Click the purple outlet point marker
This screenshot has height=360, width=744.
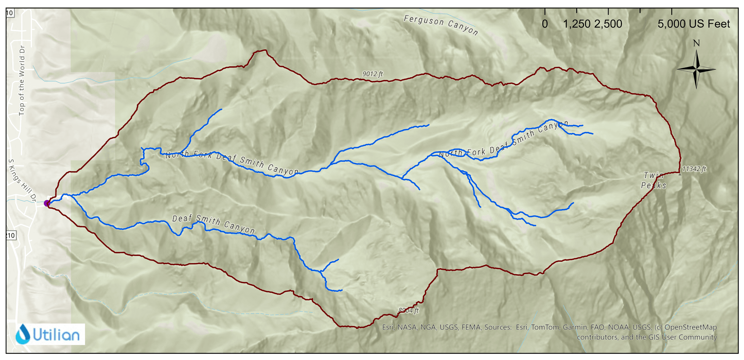(47, 203)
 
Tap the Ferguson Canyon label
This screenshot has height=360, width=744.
(441, 25)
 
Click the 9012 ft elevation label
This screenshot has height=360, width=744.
(372, 74)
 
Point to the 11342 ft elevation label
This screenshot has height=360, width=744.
(694, 169)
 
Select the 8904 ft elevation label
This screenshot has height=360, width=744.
(408, 310)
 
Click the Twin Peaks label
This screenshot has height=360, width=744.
(654, 180)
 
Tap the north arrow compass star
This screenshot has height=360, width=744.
(696, 69)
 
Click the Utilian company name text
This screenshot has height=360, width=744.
(56, 335)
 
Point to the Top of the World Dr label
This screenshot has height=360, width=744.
(22, 81)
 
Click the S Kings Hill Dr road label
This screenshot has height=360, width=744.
(22, 180)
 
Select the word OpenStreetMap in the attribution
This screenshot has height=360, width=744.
(691, 327)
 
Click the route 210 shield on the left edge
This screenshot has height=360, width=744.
(11, 235)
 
